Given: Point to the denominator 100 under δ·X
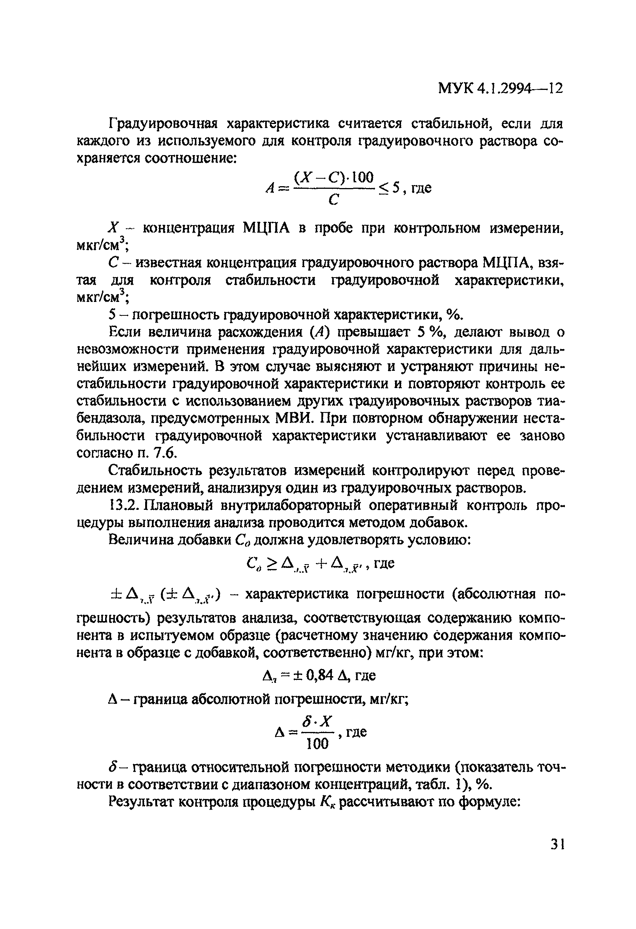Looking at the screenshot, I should pos(317,744).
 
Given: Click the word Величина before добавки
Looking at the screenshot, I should pos(140,540).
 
